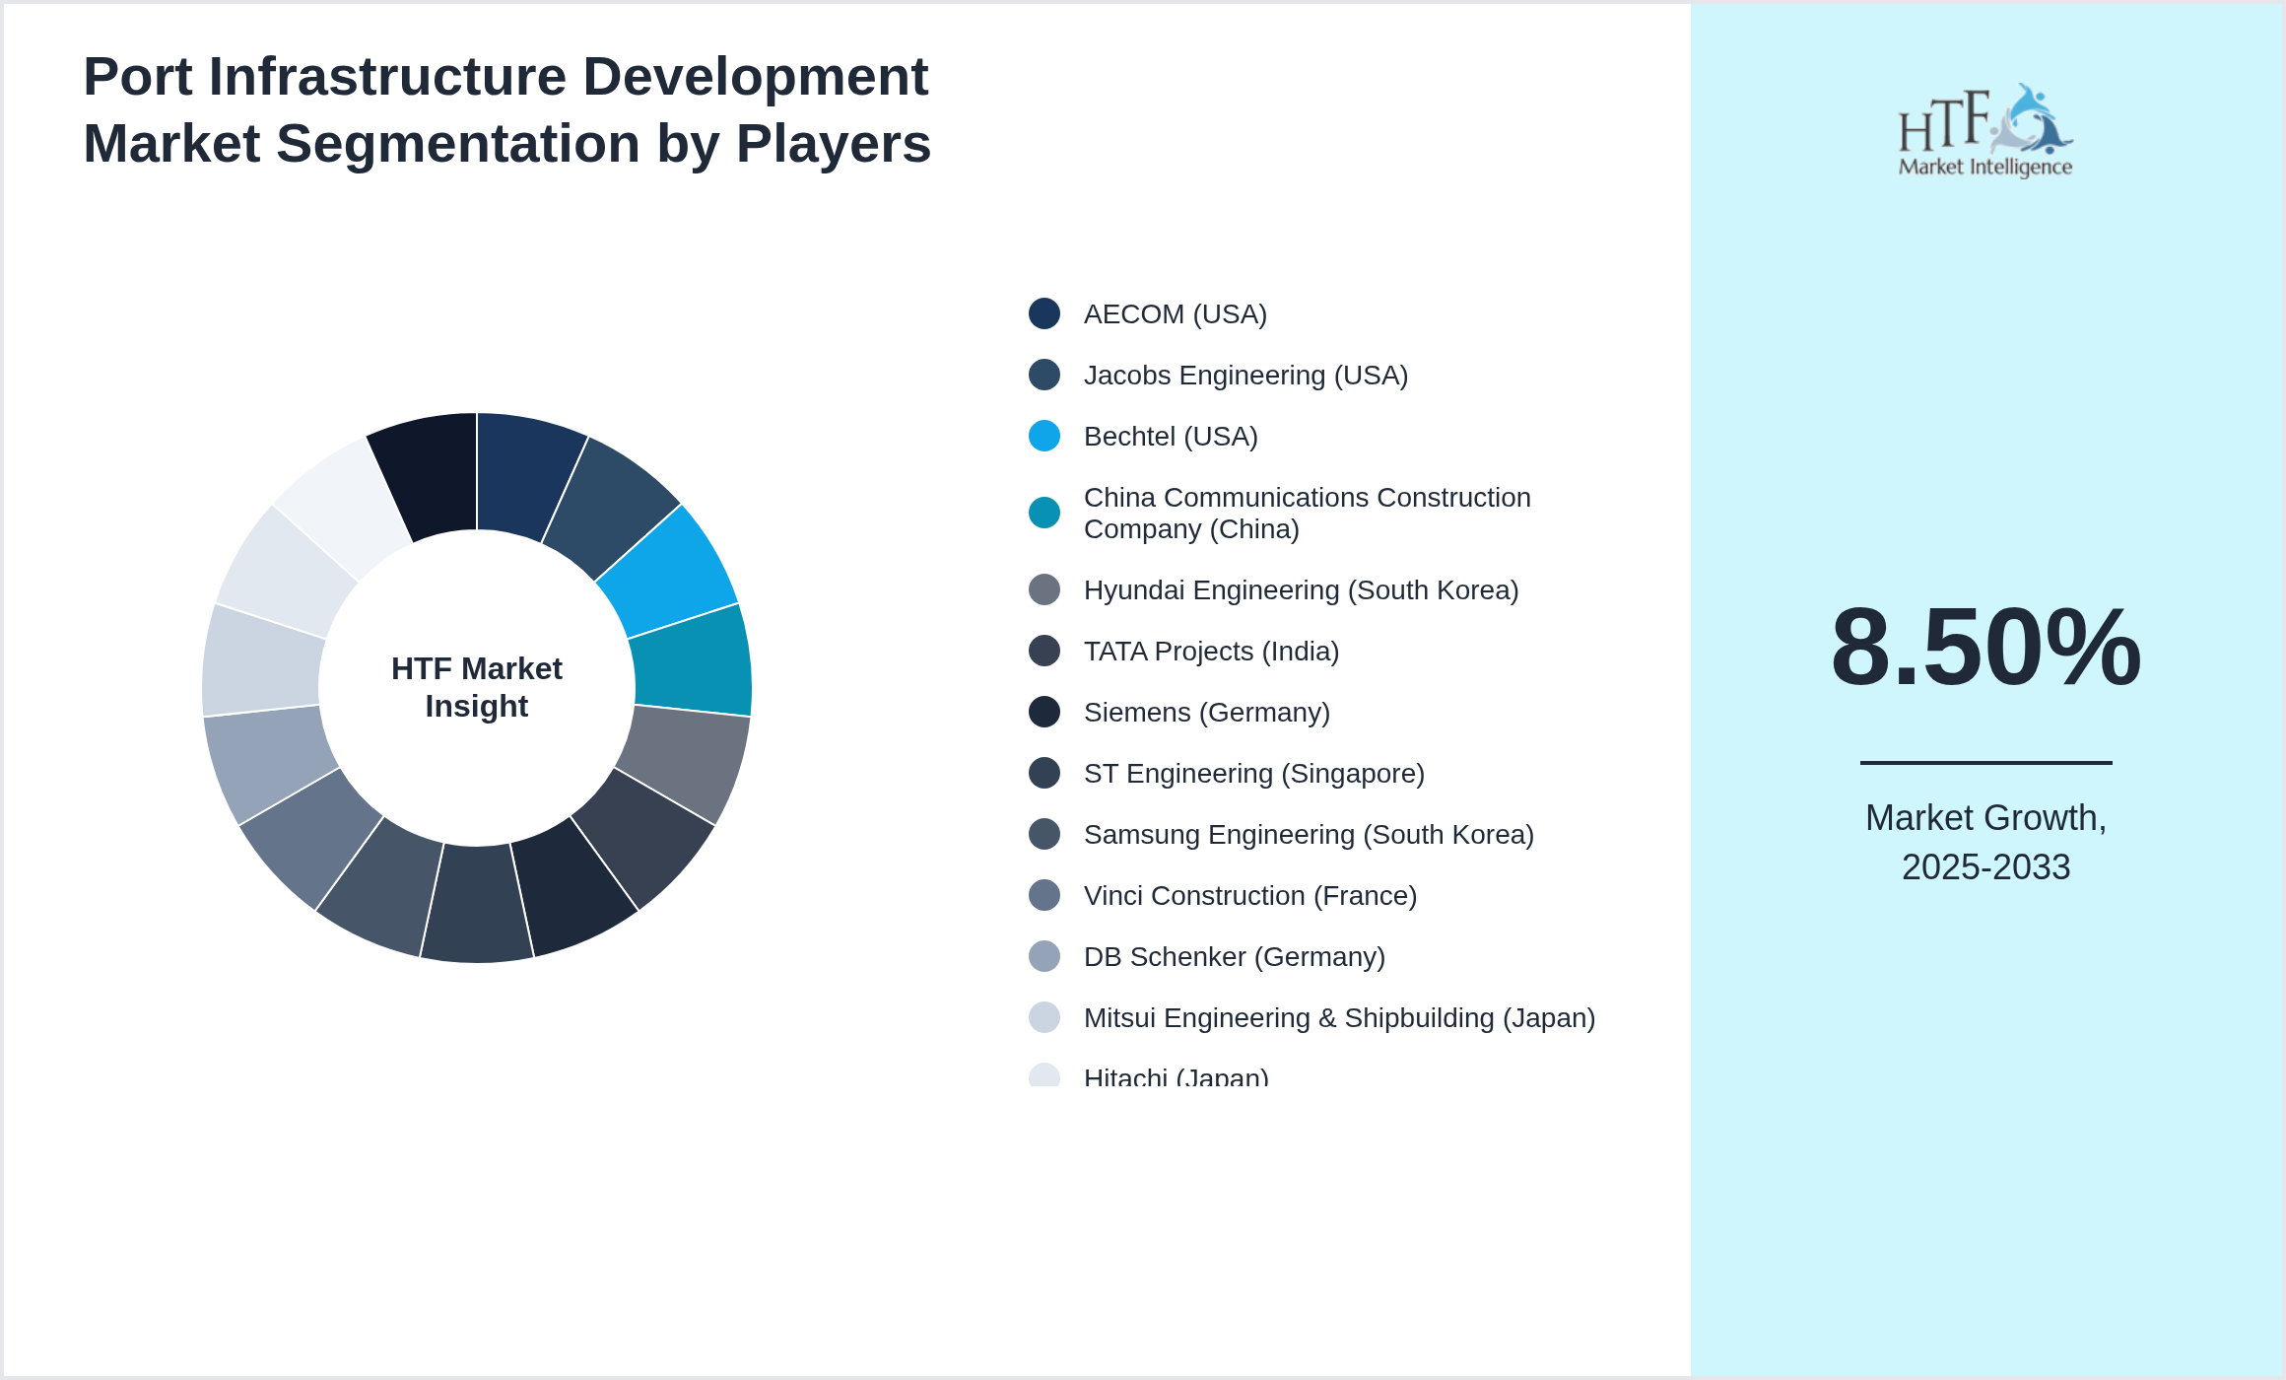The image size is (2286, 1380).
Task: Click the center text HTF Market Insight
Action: click(x=477, y=687)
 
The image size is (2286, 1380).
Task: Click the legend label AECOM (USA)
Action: click(x=1175, y=314)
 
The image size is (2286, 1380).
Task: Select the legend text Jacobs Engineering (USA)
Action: click(x=1245, y=376)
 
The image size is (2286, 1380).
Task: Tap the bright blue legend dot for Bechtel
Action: click(x=1044, y=436)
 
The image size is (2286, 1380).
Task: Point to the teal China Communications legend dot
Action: click(x=1044, y=513)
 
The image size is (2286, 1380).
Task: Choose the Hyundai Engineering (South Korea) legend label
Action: click(x=1301, y=590)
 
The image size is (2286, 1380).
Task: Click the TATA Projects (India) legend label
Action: click(x=1211, y=652)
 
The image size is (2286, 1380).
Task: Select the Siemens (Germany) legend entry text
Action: click(x=1206, y=713)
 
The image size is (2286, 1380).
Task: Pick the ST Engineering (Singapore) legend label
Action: click(x=1253, y=774)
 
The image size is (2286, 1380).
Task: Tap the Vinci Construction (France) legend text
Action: click(x=1249, y=896)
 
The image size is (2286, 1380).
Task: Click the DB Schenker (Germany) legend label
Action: click(x=1234, y=957)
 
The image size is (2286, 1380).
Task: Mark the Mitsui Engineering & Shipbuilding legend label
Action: click(x=1338, y=1018)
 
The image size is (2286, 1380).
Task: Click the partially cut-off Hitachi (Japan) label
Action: click(x=1176, y=1077)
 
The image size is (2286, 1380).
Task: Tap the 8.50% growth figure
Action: click(x=1985, y=648)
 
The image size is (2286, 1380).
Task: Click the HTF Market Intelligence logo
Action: click(x=1985, y=131)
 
